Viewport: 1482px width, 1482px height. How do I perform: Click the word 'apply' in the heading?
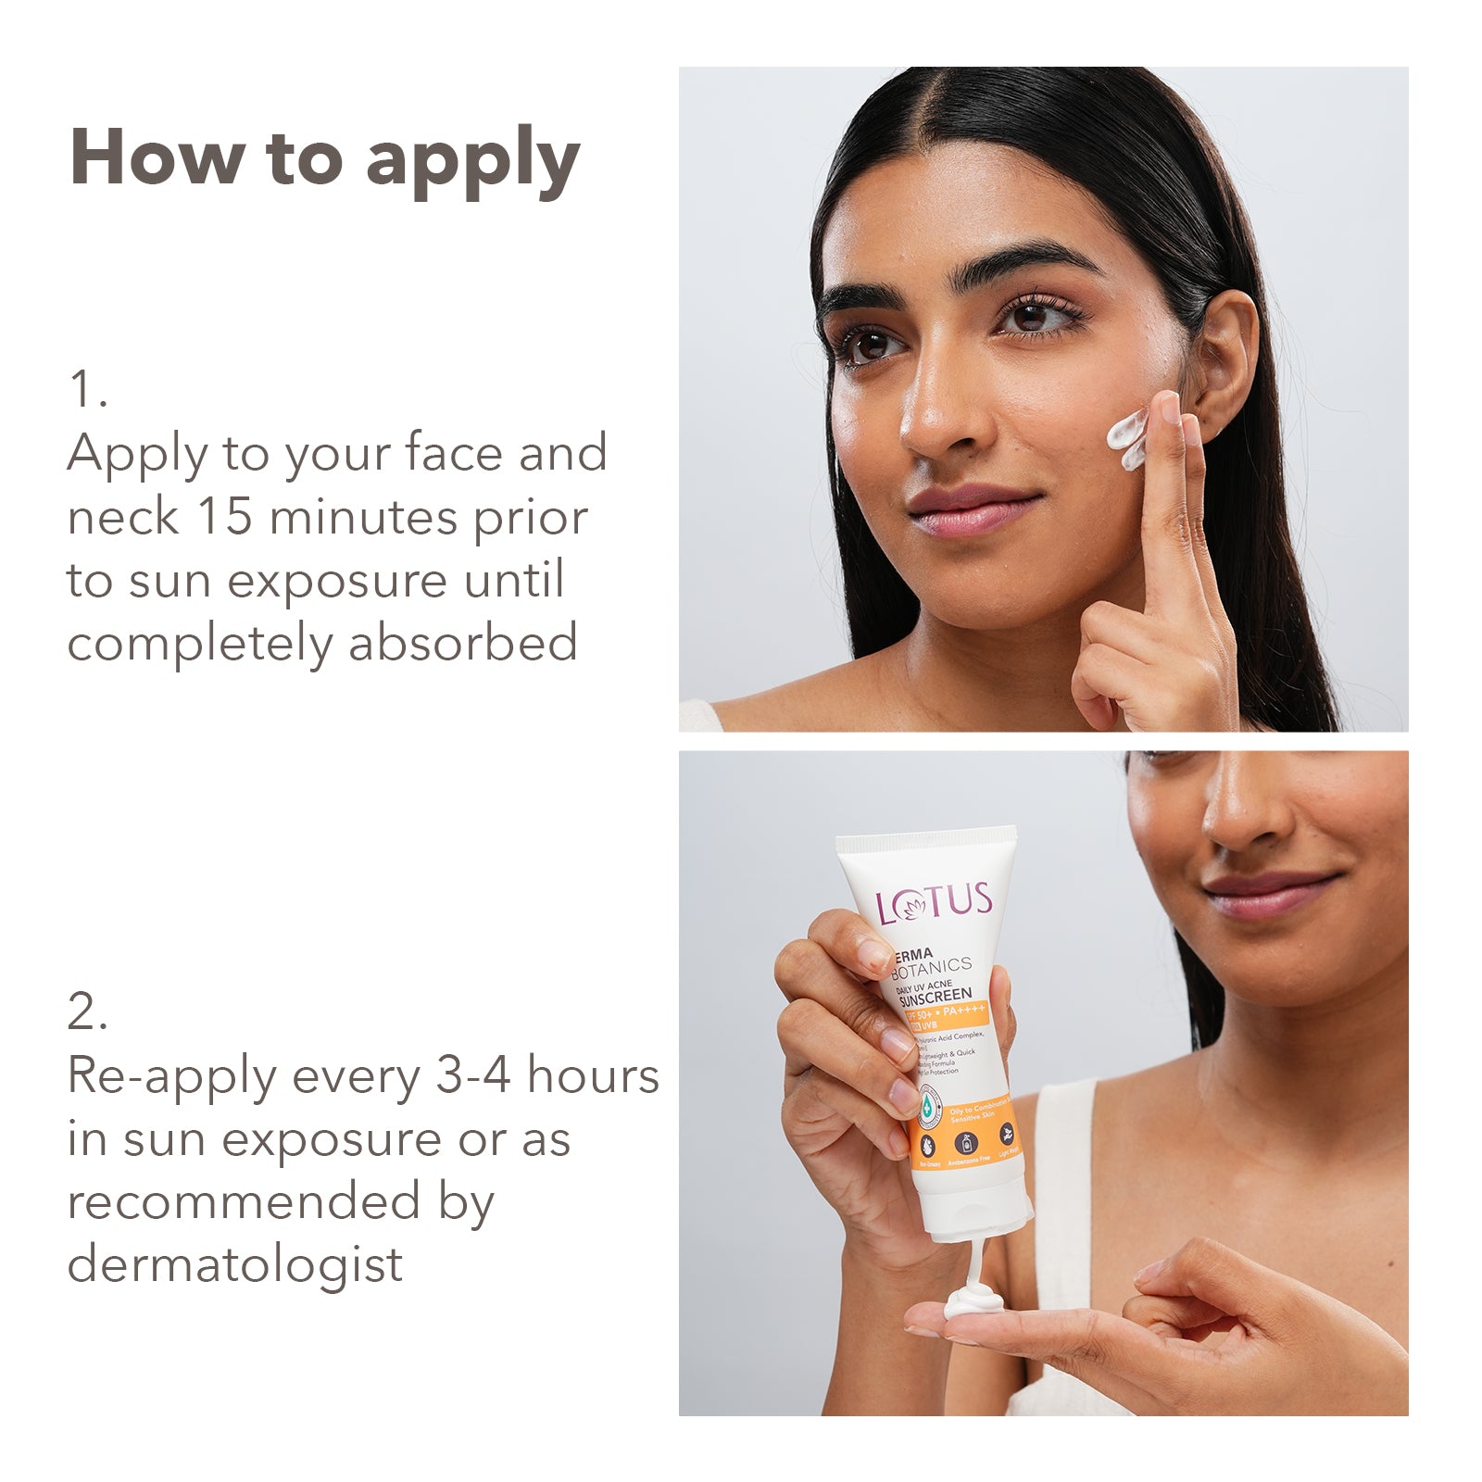472,159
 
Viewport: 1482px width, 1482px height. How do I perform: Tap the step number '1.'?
88,389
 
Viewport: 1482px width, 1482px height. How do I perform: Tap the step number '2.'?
88,1011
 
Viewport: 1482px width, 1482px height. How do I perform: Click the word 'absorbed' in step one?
463,643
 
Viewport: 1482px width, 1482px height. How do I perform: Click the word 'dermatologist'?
235,1265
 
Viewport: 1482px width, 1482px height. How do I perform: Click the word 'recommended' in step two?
244,1202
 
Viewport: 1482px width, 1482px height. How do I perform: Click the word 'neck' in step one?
121,517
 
